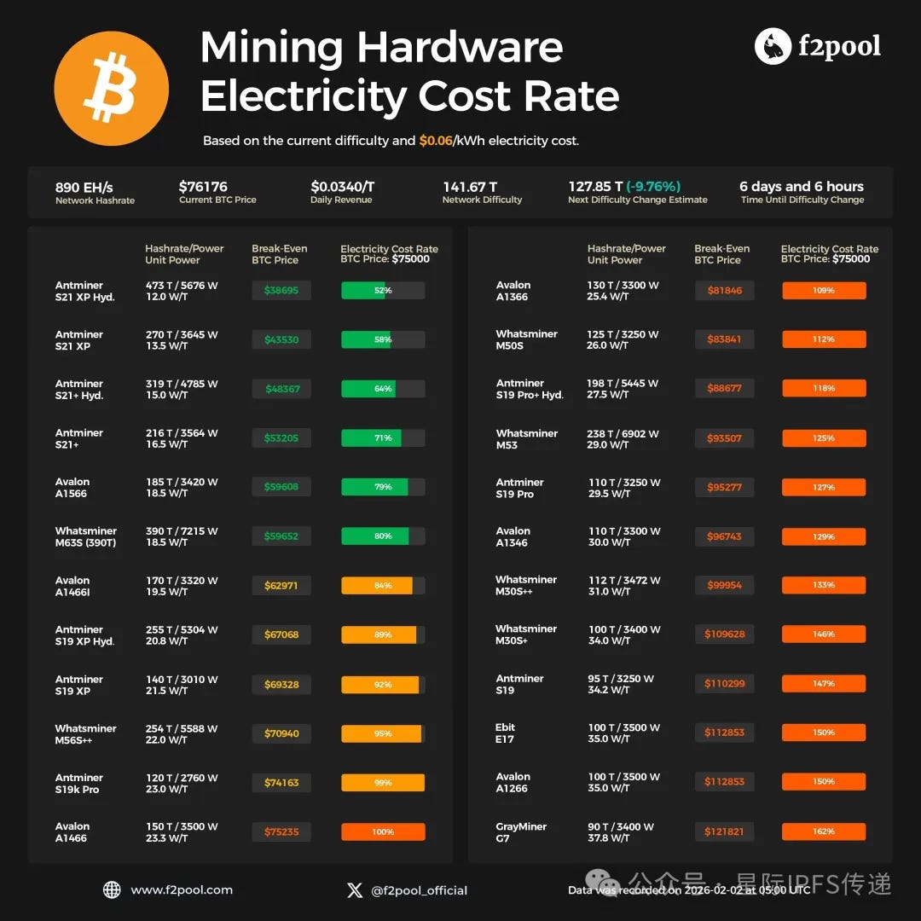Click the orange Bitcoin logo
point(111,88)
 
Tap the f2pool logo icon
point(773,46)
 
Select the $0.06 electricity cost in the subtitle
point(436,141)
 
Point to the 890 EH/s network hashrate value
point(84,188)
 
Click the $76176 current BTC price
point(203,187)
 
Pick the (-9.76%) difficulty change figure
point(653,186)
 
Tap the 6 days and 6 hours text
point(801,186)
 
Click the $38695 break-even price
point(281,290)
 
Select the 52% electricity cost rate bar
point(383,290)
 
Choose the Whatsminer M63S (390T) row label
point(86,537)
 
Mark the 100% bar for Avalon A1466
point(383,831)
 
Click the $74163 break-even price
point(281,782)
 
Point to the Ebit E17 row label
point(505,733)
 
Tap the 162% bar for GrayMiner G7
point(824,831)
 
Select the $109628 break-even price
point(724,634)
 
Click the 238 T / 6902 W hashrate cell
point(623,433)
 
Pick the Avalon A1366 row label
point(513,291)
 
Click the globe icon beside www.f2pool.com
point(112,889)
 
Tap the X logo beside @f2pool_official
point(355,890)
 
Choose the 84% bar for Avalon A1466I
point(383,586)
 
